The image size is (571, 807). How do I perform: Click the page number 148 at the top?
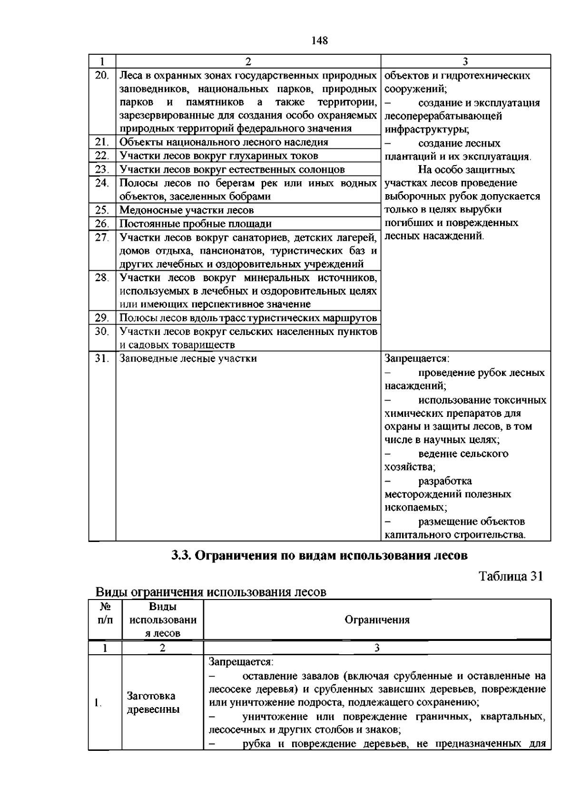coord(320,41)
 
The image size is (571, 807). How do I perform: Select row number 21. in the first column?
coord(102,142)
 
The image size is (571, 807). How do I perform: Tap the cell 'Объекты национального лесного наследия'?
coord(224,142)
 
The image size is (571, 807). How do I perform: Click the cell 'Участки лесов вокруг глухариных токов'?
coord(219,156)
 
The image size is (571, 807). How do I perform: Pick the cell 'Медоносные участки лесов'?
coord(187,210)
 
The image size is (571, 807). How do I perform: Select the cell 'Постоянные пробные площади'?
coord(196,224)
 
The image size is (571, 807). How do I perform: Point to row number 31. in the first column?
coord(102,359)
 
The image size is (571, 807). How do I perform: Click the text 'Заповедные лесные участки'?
coord(188,359)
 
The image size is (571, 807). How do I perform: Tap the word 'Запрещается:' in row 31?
coord(417,359)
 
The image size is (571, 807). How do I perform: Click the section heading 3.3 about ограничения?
coord(319,555)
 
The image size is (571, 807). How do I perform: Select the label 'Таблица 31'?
coord(511,576)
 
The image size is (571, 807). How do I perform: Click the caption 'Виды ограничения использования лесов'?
coord(211,592)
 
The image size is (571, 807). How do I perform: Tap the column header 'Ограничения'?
coord(377,620)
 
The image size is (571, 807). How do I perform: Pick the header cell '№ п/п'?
coord(105,613)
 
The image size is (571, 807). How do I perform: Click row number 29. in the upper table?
coord(102,318)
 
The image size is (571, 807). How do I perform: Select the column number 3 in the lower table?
coord(377,648)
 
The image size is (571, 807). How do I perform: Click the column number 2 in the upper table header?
coord(248,61)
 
